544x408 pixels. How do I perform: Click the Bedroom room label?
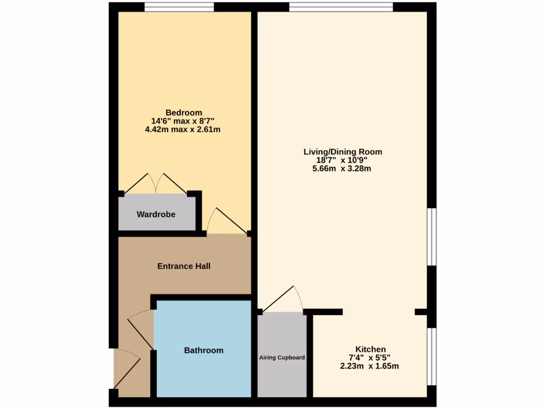click(x=184, y=113)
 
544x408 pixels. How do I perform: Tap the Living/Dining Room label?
click(x=343, y=152)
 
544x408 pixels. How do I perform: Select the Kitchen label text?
click(x=370, y=349)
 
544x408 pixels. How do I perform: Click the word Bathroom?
click(x=203, y=350)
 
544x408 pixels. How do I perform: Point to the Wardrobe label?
click(x=156, y=215)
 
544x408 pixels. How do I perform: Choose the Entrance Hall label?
click(x=184, y=266)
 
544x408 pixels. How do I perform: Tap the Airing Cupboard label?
click(x=282, y=358)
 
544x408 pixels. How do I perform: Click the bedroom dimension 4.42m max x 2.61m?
click(x=183, y=129)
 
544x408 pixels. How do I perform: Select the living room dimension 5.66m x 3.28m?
click(x=342, y=169)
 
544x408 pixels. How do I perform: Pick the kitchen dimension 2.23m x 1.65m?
click(x=369, y=366)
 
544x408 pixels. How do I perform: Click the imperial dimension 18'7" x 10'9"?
click(x=342, y=160)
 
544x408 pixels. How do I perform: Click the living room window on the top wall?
click(x=341, y=7)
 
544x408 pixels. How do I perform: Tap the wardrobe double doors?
click(x=155, y=184)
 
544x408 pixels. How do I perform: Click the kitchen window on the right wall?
click(x=432, y=356)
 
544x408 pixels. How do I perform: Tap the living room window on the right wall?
click(x=432, y=236)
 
